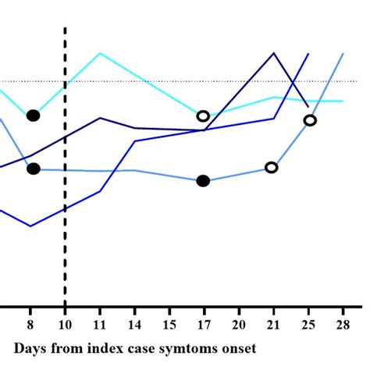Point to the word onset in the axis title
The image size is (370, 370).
[238, 346]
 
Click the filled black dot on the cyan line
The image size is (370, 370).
[33, 116]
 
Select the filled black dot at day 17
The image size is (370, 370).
[203, 181]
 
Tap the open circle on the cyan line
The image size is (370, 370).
[203, 116]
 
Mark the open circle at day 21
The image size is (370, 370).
[272, 167]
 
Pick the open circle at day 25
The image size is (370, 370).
[310, 120]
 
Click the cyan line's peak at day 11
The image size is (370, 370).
[100, 53]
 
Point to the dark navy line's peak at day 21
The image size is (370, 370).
[274, 53]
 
